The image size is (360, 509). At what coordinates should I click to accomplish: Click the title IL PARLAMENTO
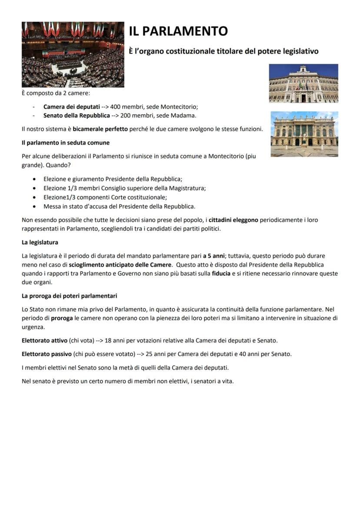pos(178,31)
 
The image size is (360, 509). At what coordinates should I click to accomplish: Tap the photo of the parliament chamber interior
pos(73,54)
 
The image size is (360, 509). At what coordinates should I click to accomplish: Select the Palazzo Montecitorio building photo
pos(303,83)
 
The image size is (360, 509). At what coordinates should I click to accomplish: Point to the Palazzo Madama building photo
pos(304,134)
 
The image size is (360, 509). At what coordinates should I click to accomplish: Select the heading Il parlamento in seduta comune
pos(66,143)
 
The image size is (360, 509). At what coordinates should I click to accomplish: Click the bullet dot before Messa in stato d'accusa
pos(34,206)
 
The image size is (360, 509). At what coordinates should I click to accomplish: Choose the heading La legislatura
pos(40,242)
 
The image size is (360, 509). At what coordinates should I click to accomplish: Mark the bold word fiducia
pos(221,273)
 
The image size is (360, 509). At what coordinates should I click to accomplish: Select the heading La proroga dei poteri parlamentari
pos(70,296)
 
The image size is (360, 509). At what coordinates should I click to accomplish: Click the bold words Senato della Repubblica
pos(77,116)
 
